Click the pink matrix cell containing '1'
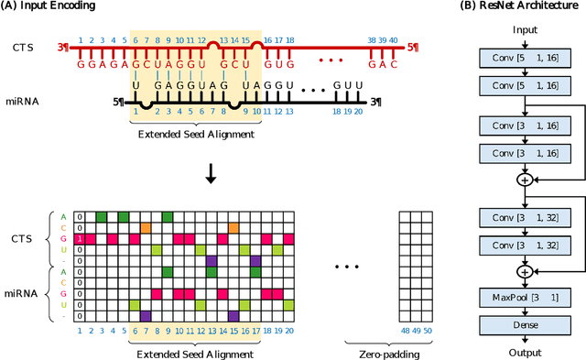(x=80, y=238)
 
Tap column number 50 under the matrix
(x=428, y=330)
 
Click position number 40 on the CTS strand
(x=395, y=40)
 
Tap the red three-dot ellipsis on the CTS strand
(x=334, y=61)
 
